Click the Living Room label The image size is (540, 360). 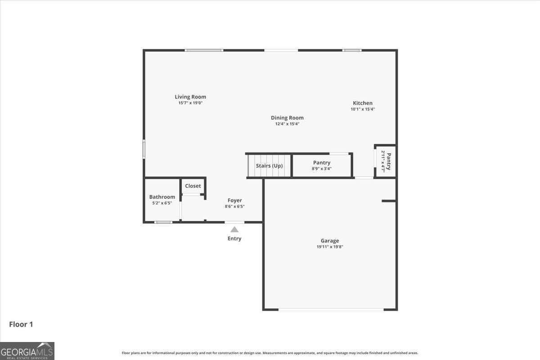(190, 97)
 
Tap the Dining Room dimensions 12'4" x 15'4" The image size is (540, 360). (288, 124)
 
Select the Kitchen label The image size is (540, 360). (363, 103)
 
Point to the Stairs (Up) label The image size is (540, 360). (269, 166)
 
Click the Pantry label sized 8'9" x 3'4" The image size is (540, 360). (322, 163)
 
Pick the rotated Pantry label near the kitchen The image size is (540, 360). (389, 162)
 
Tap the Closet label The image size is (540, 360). (193, 186)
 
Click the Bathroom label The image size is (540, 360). (162, 197)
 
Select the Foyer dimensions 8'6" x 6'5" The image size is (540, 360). (234, 207)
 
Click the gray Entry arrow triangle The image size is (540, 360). (234, 229)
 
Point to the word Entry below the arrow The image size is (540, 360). (234, 238)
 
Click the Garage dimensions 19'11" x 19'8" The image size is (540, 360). (330, 247)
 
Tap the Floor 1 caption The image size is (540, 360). (21, 324)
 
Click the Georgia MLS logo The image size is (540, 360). (27, 351)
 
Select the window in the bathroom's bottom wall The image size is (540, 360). (163, 222)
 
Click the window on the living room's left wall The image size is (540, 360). (144, 149)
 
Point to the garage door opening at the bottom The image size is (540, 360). (331, 310)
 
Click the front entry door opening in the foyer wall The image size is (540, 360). (234, 222)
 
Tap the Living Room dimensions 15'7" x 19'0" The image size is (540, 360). (190, 103)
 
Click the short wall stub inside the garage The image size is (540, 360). (389, 201)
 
